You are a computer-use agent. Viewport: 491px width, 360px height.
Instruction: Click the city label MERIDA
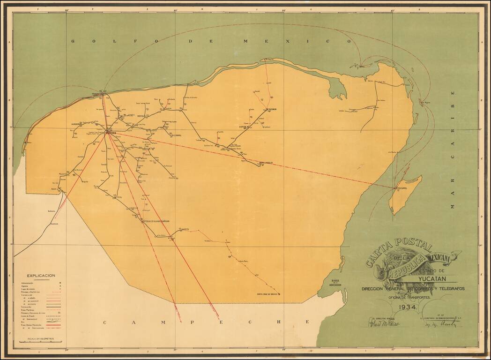click(x=111, y=133)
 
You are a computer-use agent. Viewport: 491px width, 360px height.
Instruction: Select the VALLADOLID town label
click(x=266, y=163)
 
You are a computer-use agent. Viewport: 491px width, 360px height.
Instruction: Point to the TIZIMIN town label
click(x=272, y=109)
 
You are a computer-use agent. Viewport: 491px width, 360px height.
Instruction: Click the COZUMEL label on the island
click(x=402, y=188)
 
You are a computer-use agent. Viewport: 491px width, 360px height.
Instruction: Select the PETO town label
click(x=185, y=229)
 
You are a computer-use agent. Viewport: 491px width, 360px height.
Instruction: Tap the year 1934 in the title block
click(x=409, y=307)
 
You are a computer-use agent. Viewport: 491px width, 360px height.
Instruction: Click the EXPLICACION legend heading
click(x=41, y=276)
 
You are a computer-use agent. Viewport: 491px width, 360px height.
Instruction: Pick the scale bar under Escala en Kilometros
click(x=41, y=342)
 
